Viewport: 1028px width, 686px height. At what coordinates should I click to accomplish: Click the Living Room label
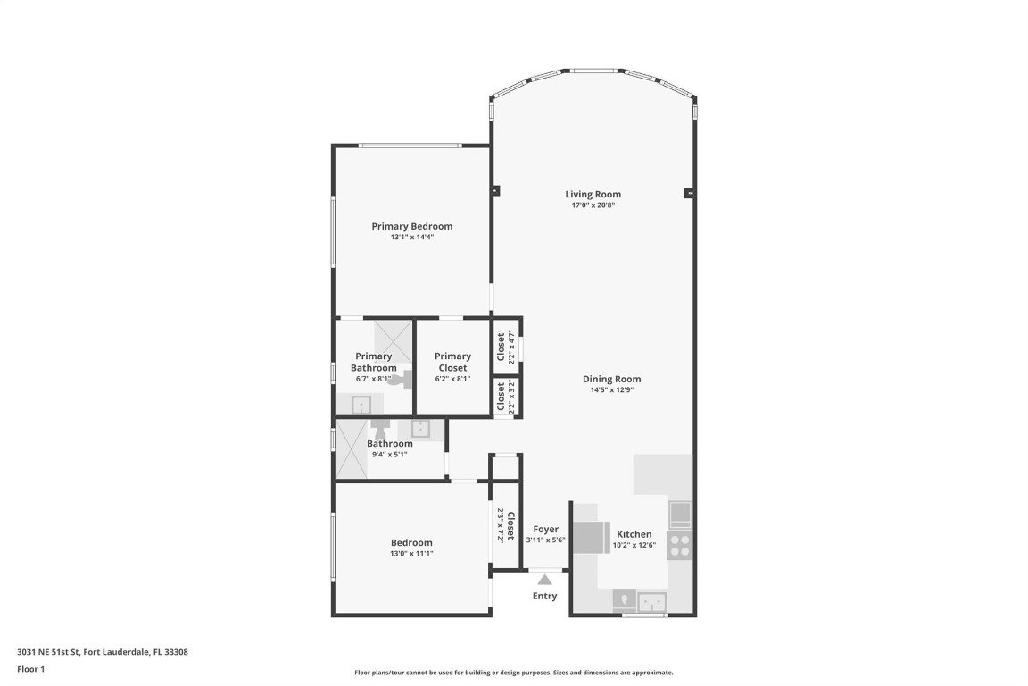(x=593, y=194)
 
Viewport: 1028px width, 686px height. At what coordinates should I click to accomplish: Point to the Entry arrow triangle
(x=544, y=580)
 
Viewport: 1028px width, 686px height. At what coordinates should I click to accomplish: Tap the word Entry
(x=544, y=596)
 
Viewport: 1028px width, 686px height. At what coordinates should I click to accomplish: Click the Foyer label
(x=545, y=529)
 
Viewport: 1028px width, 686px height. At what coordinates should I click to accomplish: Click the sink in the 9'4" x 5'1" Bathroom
(x=421, y=429)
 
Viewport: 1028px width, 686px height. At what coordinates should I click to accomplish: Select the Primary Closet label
(x=452, y=362)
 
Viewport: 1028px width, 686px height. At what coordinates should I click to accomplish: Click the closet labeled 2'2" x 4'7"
(x=506, y=344)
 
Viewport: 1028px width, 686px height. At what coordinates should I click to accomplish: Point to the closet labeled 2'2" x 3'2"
(x=506, y=397)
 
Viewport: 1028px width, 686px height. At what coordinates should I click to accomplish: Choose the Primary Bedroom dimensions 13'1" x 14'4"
(x=411, y=238)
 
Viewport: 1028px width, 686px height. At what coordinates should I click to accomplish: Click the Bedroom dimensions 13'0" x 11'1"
(x=411, y=554)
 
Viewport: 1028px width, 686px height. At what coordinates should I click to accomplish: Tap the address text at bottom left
(x=103, y=652)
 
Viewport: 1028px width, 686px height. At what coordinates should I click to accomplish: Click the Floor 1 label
(x=31, y=669)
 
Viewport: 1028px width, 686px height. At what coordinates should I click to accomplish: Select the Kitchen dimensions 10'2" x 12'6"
(x=634, y=545)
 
